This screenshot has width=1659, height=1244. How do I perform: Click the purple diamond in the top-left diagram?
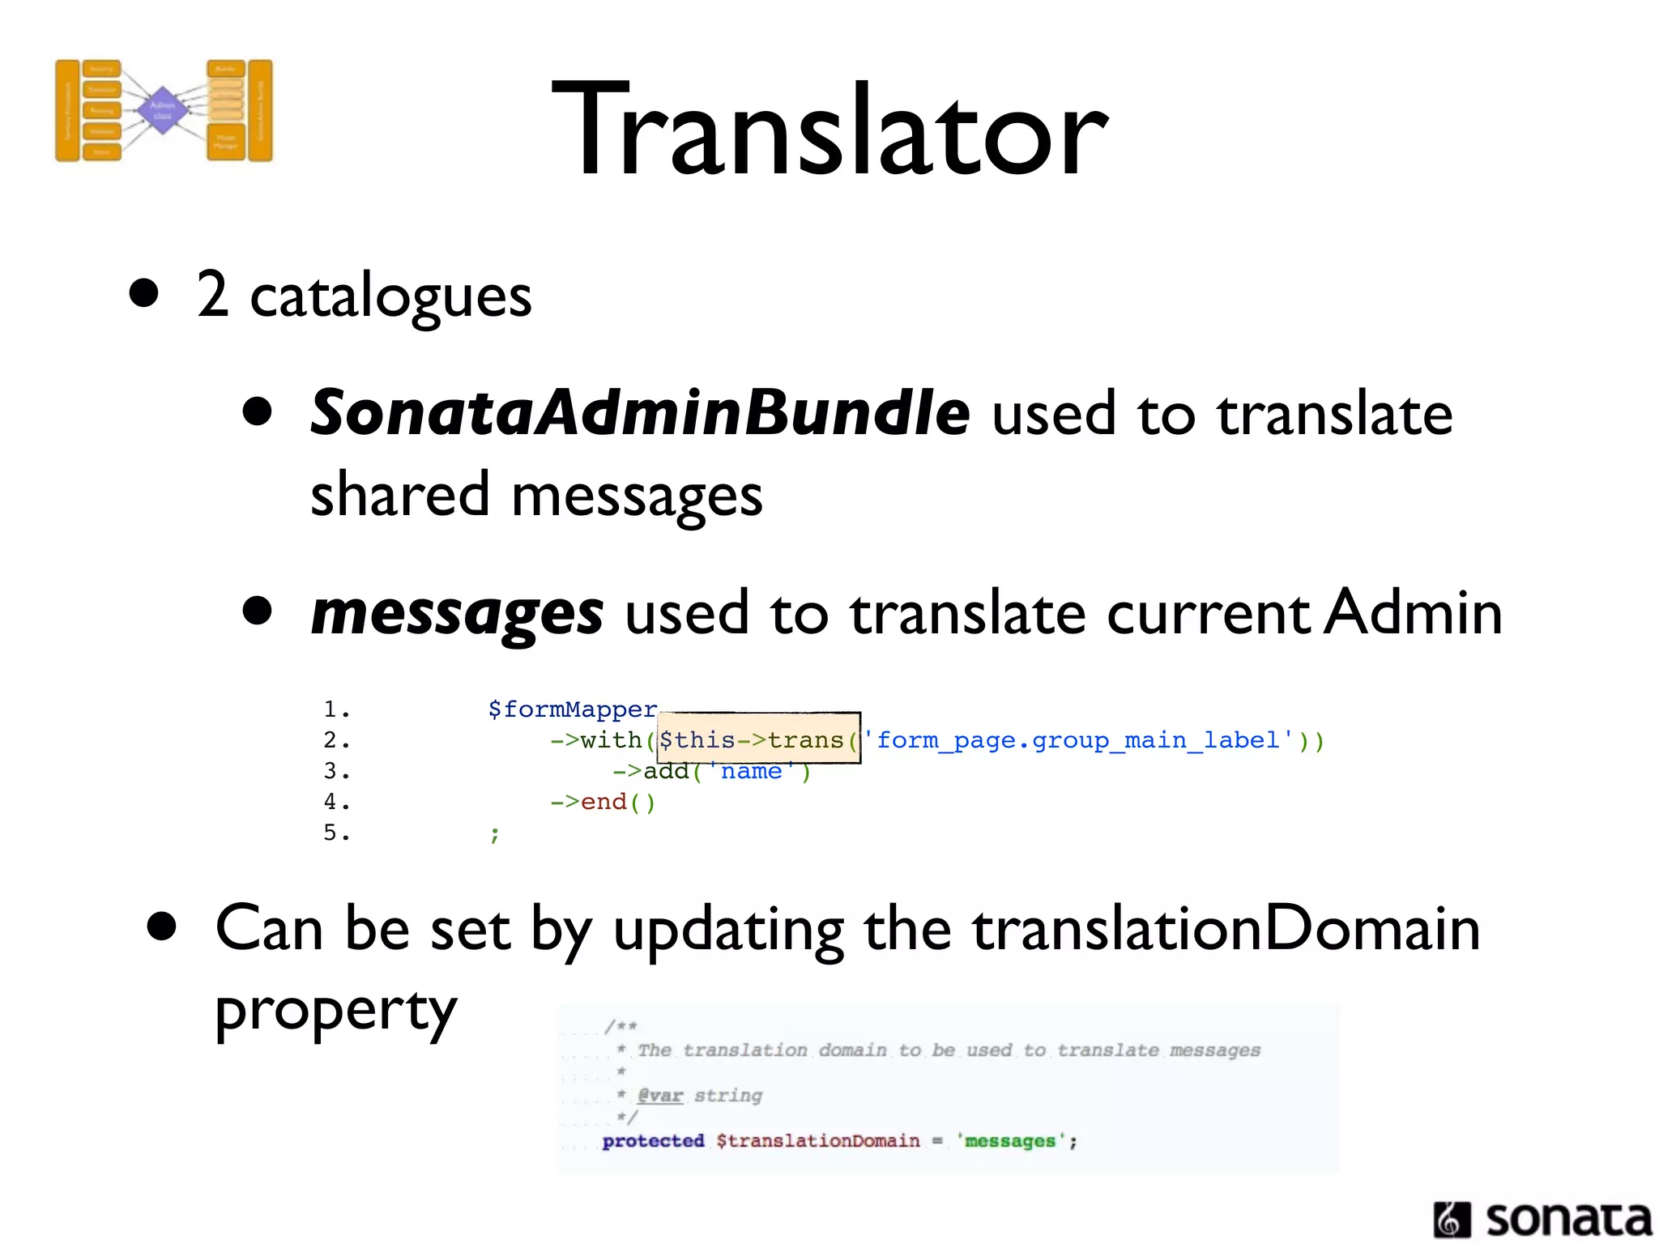[x=163, y=110]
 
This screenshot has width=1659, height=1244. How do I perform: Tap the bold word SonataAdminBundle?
[x=640, y=413]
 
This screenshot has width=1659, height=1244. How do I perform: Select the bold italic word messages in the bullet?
[x=457, y=613]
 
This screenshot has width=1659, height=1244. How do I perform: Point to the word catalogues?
[x=390, y=296]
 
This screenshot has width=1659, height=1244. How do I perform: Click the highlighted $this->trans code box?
[x=757, y=739]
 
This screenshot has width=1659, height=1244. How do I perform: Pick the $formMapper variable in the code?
[x=572, y=709]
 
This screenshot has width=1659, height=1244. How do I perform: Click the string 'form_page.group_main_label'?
[x=1077, y=740]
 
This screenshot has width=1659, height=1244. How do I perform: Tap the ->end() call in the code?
[x=603, y=802]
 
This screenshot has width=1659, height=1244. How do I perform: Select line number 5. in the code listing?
[x=335, y=833]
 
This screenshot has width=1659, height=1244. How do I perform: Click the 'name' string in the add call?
[x=751, y=771]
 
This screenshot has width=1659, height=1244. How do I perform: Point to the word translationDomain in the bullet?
[x=1226, y=930]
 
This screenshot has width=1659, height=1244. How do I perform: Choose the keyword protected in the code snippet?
[x=653, y=1141]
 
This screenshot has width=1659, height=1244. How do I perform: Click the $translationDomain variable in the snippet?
[x=818, y=1141]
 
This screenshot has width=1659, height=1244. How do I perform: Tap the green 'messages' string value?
[x=1009, y=1141]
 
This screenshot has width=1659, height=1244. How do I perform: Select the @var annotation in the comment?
[x=660, y=1096]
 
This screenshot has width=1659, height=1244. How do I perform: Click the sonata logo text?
[x=1567, y=1219]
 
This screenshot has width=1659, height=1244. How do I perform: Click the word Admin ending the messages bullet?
[x=1414, y=613]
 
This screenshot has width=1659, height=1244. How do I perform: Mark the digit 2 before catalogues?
[x=212, y=295]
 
